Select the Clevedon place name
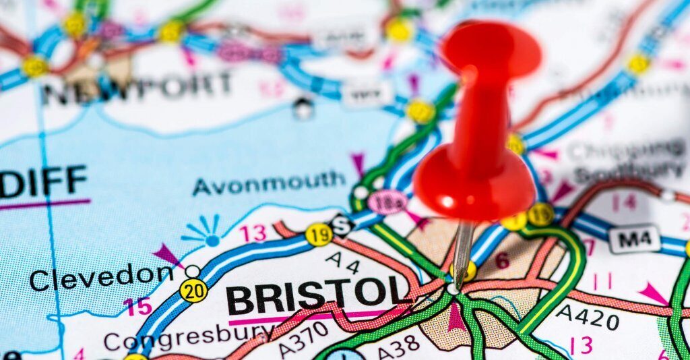point(101,276)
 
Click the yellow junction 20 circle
point(193,290)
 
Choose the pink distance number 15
point(138,307)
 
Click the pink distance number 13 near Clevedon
point(253,233)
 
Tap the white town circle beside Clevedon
point(193,271)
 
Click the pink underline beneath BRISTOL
point(310,317)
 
